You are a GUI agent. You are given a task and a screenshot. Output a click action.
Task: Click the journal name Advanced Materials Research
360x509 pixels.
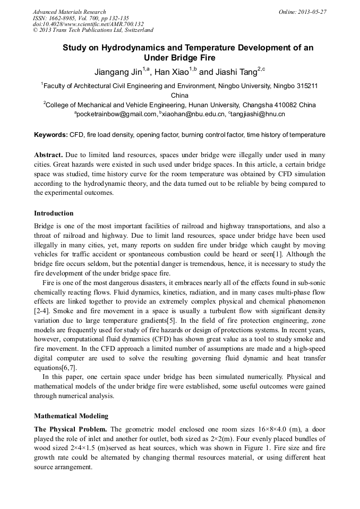[69, 12]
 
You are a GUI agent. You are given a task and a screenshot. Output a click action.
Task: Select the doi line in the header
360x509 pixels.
[88, 24]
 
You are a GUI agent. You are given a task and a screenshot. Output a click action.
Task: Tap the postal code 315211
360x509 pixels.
[307, 85]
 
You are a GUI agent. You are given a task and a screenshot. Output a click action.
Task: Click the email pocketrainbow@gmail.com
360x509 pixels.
[117, 114]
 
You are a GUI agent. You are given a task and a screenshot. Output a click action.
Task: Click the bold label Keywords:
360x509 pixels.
[51, 135]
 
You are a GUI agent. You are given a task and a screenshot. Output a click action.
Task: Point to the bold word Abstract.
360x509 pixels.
[49, 155]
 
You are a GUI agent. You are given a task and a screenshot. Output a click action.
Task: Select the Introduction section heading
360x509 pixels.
[54, 213]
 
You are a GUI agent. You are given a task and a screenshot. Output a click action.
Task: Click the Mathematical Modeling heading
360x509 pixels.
[71, 416]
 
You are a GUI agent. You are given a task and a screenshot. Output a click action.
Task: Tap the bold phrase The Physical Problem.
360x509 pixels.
[71, 429]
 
